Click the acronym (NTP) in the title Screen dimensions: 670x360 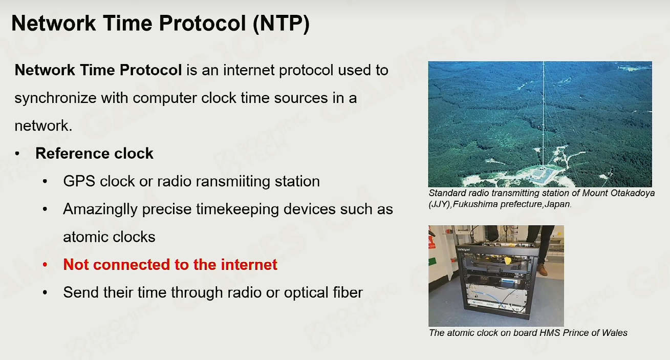(x=281, y=24)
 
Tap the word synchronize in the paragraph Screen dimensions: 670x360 (x=55, y=98)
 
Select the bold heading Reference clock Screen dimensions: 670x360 (x=94, y=153)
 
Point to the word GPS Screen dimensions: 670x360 (x=79, y=181)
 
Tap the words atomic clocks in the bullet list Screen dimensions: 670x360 (x=109, y=237)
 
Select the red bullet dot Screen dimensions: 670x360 (x=45, y=265)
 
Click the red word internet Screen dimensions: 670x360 (x=249, y=265)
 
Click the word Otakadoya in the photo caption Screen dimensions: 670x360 (x=633, y=193)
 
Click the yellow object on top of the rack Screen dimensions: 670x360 (x=508, y=260)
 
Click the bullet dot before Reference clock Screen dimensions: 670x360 (x=17, y=154)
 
